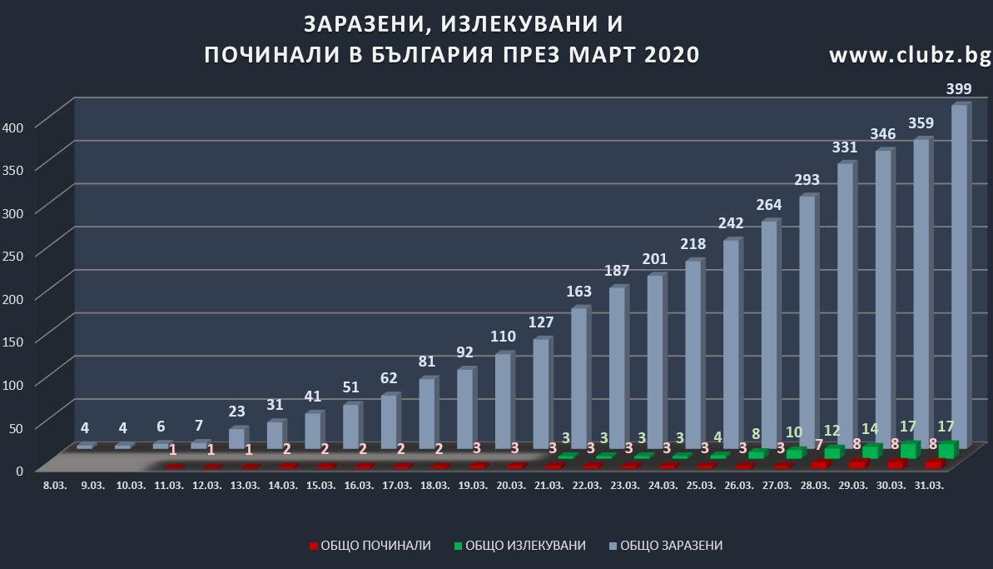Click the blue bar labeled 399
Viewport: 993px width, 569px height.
click(959, 275)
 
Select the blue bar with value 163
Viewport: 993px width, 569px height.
click(579, 379)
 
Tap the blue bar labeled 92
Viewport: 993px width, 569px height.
click(465, 409)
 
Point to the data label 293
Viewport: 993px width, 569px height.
click(807, 179)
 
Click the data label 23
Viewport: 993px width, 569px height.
click(236, 411)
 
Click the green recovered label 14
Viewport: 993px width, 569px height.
click(869, 430)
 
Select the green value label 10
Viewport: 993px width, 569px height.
click(793, 432)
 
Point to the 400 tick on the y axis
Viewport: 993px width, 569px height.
click(17, 126)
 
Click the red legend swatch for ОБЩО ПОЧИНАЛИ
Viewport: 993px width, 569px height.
click(313, 547)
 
